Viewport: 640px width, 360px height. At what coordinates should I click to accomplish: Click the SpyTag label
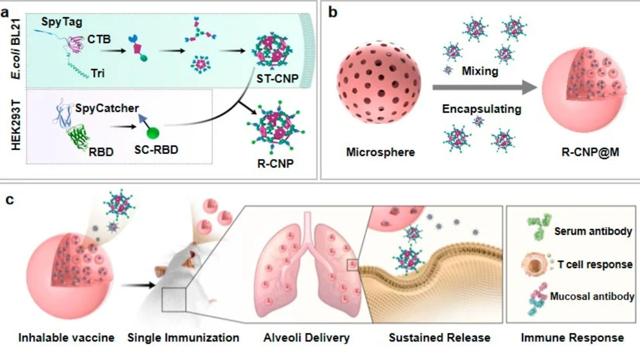[62, 22]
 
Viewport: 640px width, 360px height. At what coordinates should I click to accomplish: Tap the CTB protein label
[99, 39]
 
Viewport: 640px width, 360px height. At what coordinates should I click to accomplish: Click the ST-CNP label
[277, 79]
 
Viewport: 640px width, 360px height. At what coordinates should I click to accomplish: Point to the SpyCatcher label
[107, 108]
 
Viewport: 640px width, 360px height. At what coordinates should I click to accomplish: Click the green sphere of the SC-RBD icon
[153, 133]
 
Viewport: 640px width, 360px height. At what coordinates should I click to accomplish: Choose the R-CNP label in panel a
[275, 164]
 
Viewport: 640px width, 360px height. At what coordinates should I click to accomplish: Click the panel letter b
[333, 12]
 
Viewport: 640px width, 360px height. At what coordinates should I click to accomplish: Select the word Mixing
[480, 71]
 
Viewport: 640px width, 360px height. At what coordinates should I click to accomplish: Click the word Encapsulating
[481, 109]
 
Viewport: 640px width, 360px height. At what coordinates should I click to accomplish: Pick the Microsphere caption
[380, 152]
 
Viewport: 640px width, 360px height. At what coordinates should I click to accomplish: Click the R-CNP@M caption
[590, 152]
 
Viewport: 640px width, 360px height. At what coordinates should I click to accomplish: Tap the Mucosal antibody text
[592, 296]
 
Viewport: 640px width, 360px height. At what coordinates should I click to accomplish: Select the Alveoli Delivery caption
[306, 338]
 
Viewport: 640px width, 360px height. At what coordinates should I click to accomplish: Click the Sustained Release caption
[439, 338]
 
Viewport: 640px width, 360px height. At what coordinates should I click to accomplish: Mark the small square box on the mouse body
[174, 300]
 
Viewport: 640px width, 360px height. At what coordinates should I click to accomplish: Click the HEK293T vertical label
[16, 125]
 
